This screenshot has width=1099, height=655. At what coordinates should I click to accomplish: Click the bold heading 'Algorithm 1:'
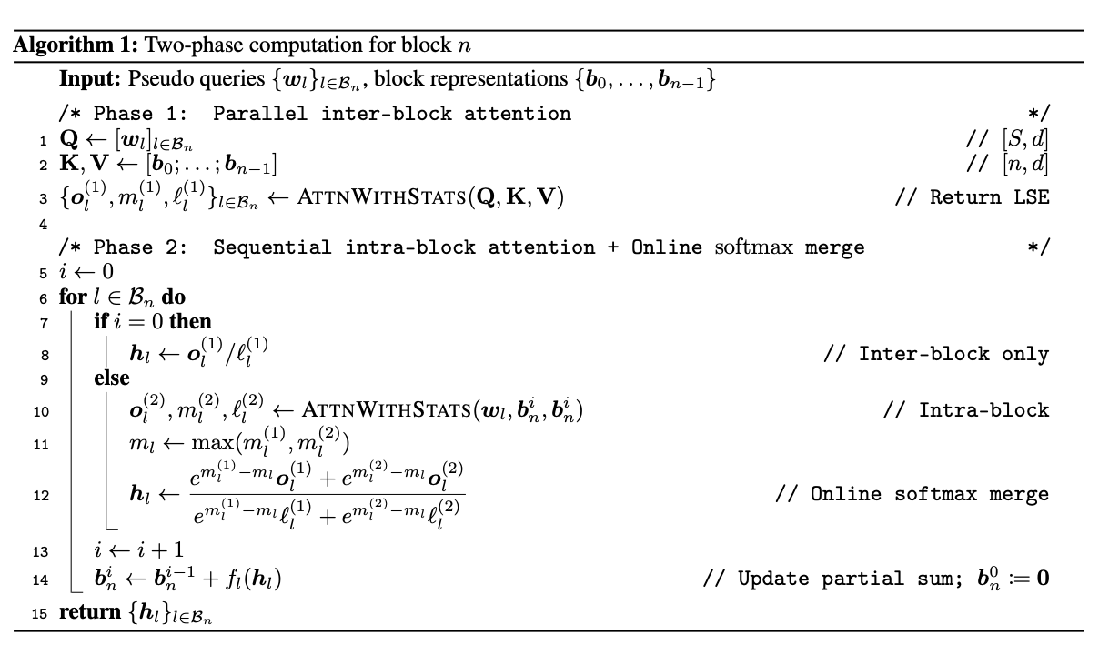[x=76, y=45]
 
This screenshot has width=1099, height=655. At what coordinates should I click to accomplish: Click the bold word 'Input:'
[x=90, y=78]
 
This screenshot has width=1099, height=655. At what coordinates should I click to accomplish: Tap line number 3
[x=44, y=199]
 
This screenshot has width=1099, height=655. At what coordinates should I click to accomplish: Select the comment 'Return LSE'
[x=989, y=197]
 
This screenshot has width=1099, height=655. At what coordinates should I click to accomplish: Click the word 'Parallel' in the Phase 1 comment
[x=260, y=114]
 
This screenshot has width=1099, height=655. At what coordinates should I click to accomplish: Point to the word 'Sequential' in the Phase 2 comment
[x=272, y=247]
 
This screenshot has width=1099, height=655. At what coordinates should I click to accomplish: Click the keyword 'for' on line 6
[x=73, y=297]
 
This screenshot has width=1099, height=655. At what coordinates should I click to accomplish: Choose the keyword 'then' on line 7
[x=190, y=321]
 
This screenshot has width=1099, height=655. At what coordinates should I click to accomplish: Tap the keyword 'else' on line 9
[x=112, y=378]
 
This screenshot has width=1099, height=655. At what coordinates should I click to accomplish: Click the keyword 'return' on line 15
[x=90, y=612]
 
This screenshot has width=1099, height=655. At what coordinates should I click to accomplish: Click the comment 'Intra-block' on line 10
[x=983, y=410]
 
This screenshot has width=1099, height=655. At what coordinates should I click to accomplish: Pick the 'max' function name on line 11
[x=213, y=443]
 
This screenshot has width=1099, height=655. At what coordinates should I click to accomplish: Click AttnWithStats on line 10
[x=387, y=409]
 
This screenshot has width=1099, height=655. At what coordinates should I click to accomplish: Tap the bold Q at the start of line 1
[x=69, y=139]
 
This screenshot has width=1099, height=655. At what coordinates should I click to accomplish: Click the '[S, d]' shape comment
[x=1025, y=139]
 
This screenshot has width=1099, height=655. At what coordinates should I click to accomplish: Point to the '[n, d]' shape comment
[x=1025, y=164]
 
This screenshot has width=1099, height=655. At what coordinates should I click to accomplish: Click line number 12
[x=41, y=496]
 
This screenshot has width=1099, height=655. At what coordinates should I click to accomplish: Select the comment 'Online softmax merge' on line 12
[x=929, y=494]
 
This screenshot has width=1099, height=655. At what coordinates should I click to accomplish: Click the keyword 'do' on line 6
[x=173, y=297]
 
